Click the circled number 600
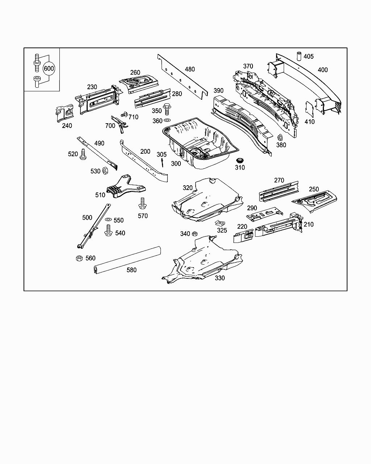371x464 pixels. (x=49, y=69)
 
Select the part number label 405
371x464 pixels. (x=309, y=57)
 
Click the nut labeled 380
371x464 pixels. (x=280, y=137)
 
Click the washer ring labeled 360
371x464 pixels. (x=167, y=120)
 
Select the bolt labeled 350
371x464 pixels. (x=167, y=108)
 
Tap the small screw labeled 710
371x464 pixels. (x=124, y=115)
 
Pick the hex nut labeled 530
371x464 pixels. (x=105, y=170)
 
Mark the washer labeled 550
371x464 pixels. (x=108, y=220)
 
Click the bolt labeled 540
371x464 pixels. (x=108, y=230)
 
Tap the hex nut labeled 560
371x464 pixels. (x=79, y=258)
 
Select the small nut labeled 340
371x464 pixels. (x=194, y=234)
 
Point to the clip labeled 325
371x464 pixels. (x=219, y=223)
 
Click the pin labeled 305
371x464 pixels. (x=163, y=163)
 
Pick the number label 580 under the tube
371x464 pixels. (x=131, y=270)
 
